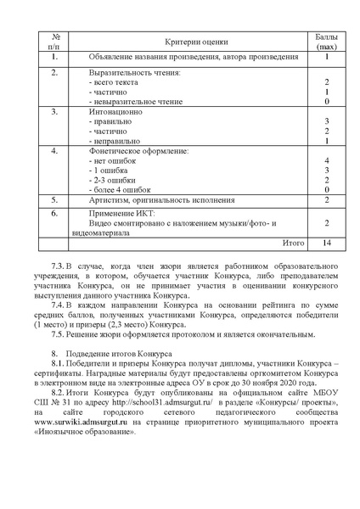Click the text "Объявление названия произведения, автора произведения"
[194, 57]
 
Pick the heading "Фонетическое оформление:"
[138, 150]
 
